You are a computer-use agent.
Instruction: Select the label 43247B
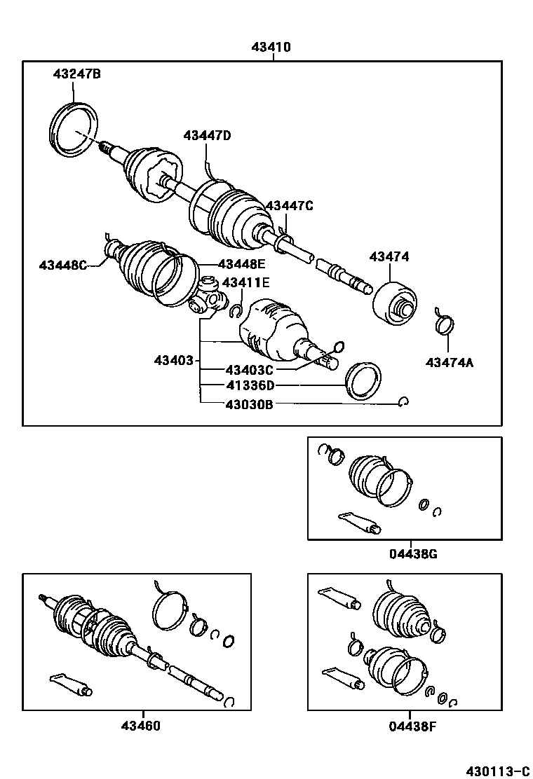(x=77, y=73)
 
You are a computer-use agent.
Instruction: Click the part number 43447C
(x=289, y=205)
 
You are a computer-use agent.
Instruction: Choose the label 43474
(x=389, y=257)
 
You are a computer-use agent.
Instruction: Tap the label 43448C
(x=63, y=265)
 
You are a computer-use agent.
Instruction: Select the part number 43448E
(x=242, y=264)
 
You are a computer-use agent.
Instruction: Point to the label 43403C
(x=249, y=369)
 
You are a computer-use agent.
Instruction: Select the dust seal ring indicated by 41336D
(x=363, y=381)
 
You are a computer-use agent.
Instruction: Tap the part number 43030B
(x=249, y=404)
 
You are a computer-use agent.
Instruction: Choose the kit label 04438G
(x=413, y=554)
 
